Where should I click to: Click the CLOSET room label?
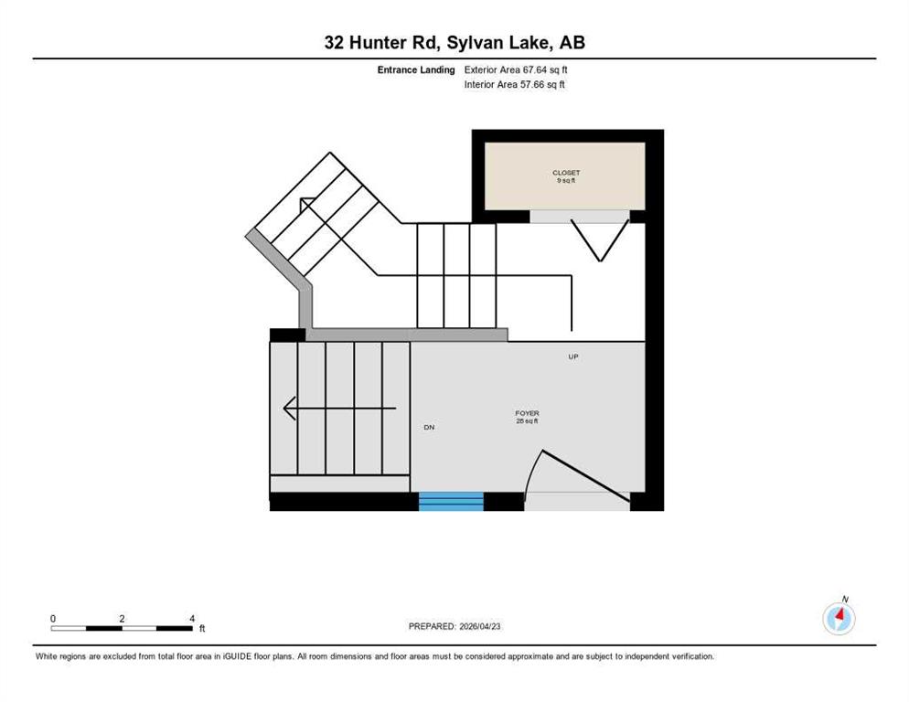click(x=566, y=173)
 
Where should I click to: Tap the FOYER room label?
click(x=527, y=413)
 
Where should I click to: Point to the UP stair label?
click(x=572, y=356)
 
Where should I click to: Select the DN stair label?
click(x=429, y=427)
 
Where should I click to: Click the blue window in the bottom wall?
click(x=451, y=502)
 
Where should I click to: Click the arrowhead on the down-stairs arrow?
click(x=290, y=408)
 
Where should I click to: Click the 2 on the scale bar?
click(x=122, y=619)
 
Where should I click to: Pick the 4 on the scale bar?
click(x=192, y=619)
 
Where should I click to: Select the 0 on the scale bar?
click(x=53, y=619)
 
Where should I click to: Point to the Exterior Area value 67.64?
click(x=536, y=69)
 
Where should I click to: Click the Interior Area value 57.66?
click(x=533, y=84)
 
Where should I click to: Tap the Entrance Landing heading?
click(x=416, y=69)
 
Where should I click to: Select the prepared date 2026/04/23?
click(x=480, y=626)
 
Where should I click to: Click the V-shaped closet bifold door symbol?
click(x=601, y=240)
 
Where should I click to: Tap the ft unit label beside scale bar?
click(x=202, y=628)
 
